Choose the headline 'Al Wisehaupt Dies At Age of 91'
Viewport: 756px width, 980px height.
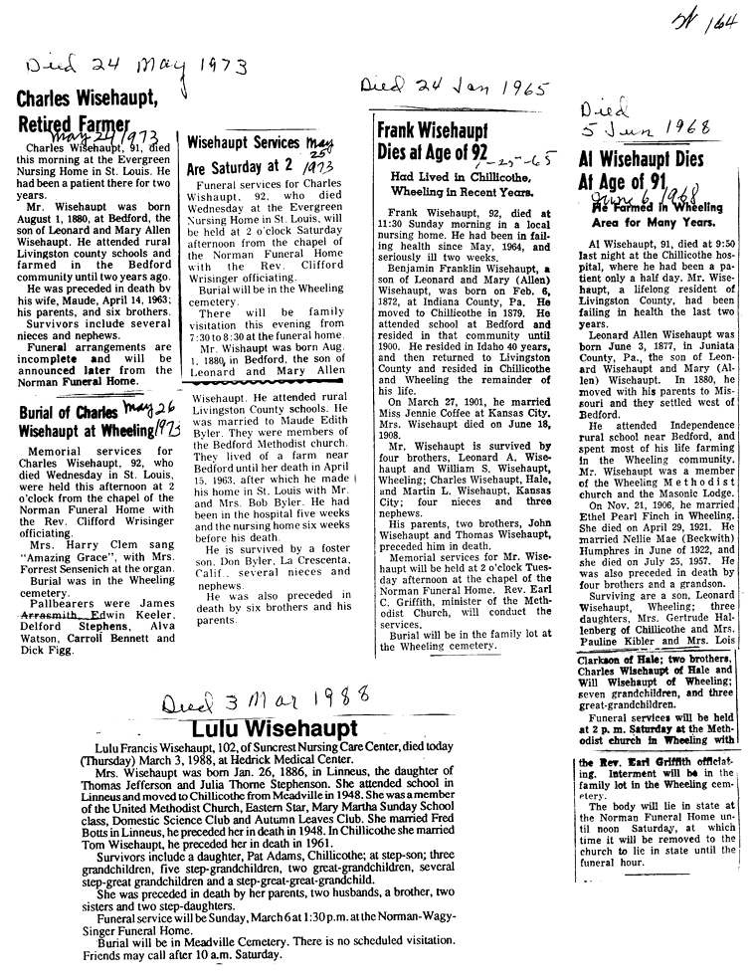641,171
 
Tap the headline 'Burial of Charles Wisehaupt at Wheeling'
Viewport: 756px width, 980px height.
84,423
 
